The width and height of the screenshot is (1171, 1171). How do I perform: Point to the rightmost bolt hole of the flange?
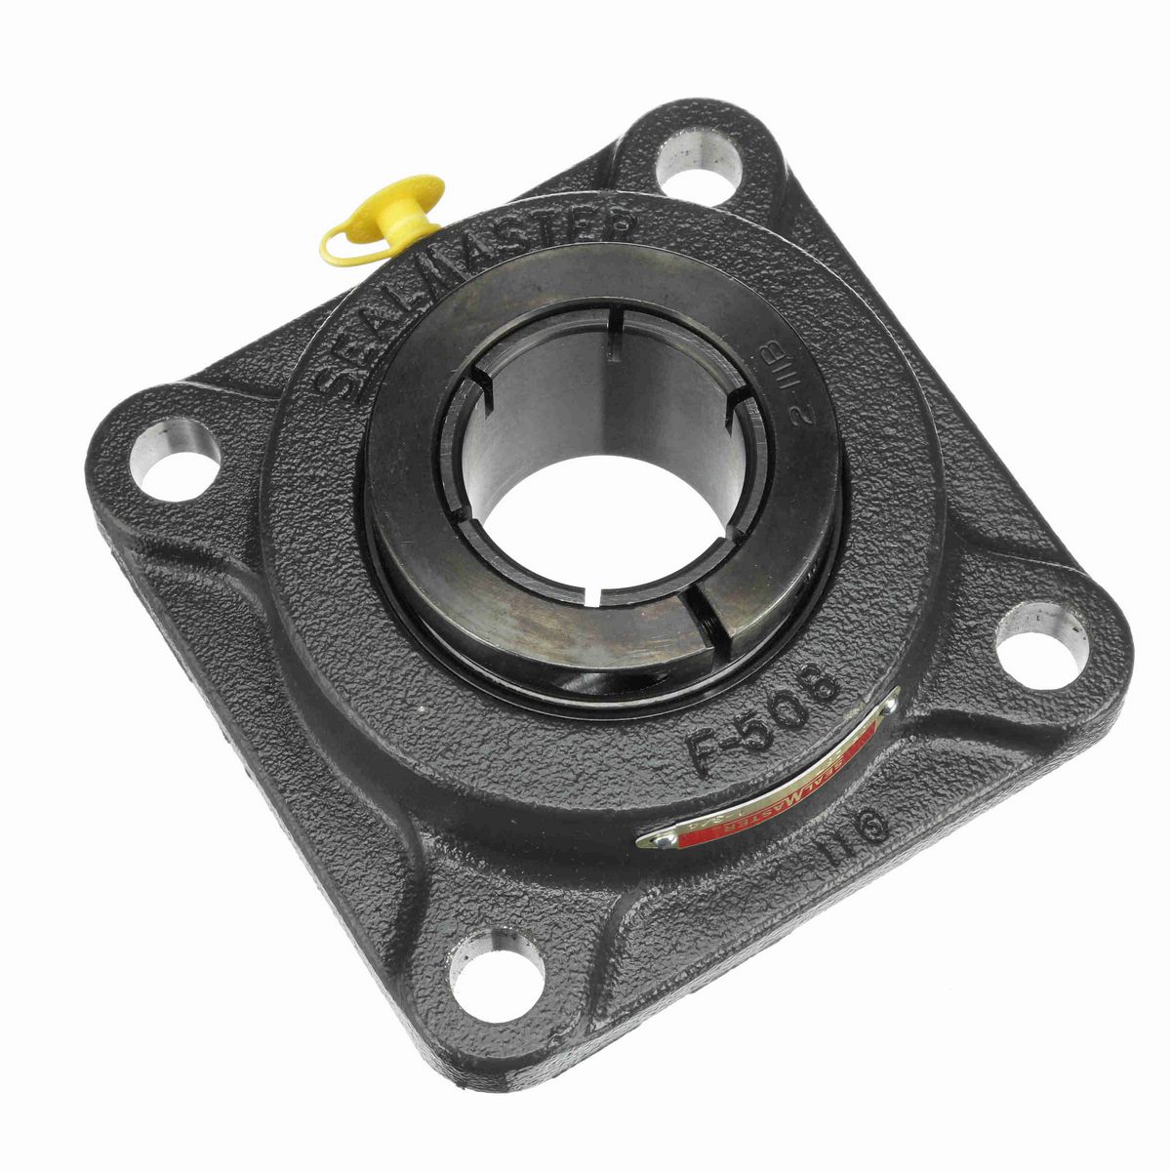click(x=1040, y=641)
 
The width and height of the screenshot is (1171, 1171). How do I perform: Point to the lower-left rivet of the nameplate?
click(x=652, y=840)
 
